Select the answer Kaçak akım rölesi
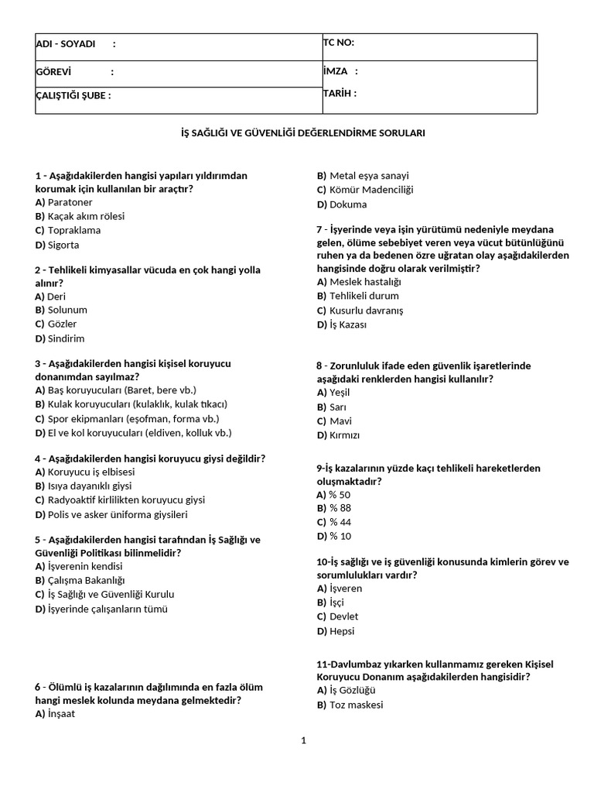point(85,216)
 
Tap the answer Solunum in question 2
point(67,310)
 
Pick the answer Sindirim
point(66,338)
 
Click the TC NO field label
point(339,43)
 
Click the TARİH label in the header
point(340,94)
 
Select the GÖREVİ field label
point(53,72)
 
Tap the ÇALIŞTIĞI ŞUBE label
point(73,96)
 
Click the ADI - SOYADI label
point(66,44)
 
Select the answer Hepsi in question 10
point(342,631)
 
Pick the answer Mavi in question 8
point(340,421)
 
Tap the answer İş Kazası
point(348,324)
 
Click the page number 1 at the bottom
point(304,740)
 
